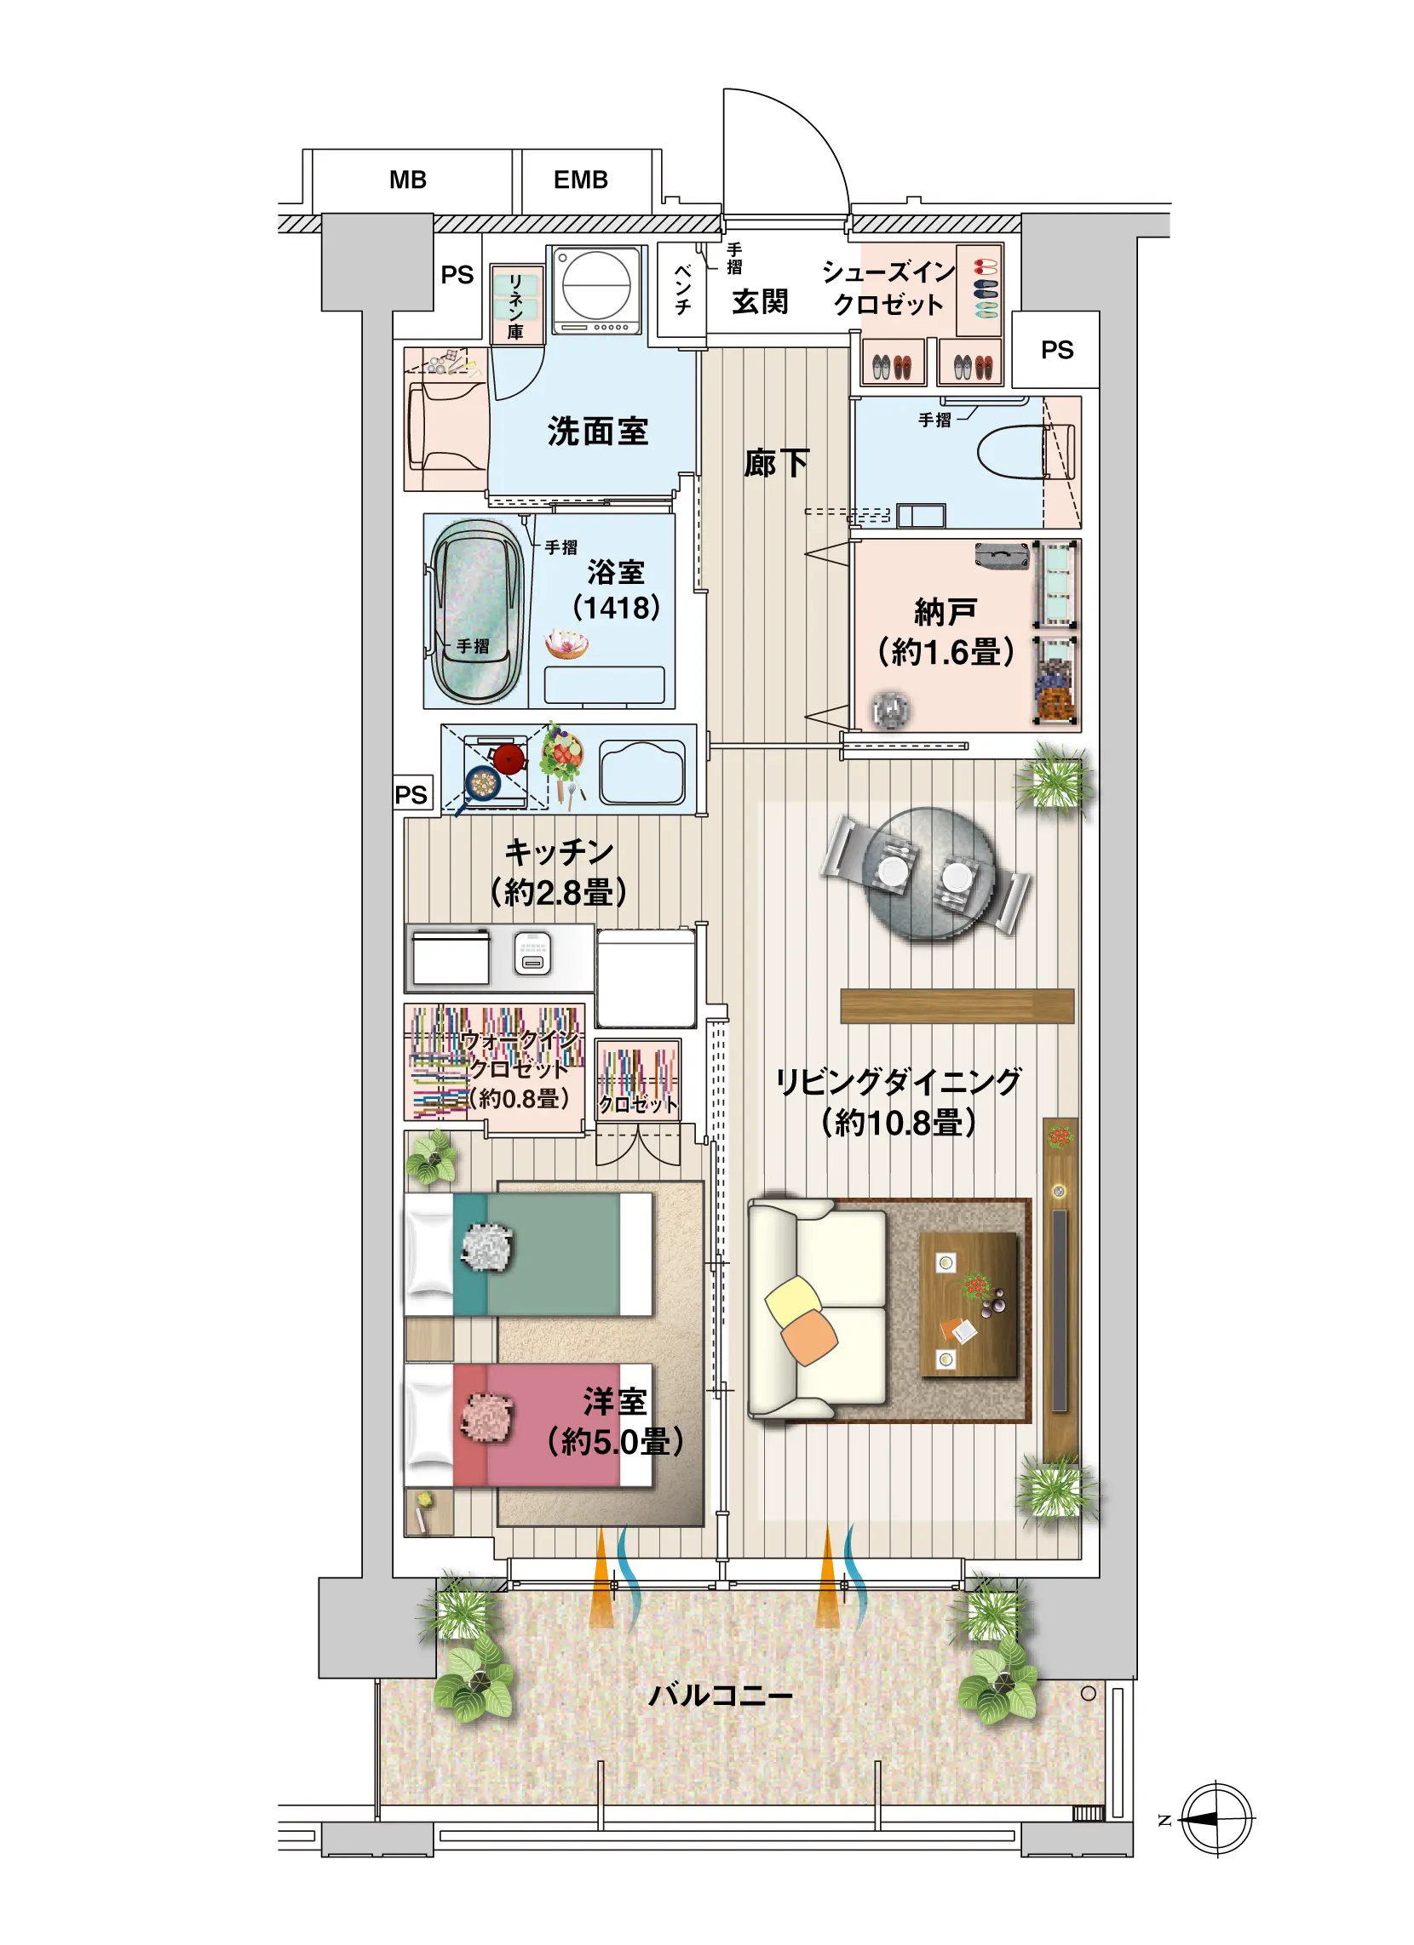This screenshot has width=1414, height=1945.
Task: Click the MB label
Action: [x=407, y=180]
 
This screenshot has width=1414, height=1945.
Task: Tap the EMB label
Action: [x=581, y=180]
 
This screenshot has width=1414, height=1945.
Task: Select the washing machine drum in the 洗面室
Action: [x=596, y=283]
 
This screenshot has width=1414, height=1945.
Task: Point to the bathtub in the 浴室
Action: [x=476, y=611]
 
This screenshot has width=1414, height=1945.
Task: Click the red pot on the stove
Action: [x=509, y=758]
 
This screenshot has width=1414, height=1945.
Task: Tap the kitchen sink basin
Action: [x=642, y=772]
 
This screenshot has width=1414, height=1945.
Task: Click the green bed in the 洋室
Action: [x=527, y=1254]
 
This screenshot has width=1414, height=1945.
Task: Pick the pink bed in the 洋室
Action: [x=527, y=1425]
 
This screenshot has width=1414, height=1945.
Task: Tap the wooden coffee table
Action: [x=969, y=1304]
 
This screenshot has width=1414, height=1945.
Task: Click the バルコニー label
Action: [x=720, y=1696]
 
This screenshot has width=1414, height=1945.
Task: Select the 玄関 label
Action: [x=759, y=302]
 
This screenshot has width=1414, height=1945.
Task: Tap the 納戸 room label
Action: [x=946, y=612]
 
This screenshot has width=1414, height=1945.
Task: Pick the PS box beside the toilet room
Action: [x=1055, y=350]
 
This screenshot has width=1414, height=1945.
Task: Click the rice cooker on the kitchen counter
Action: [x=532, y=953]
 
